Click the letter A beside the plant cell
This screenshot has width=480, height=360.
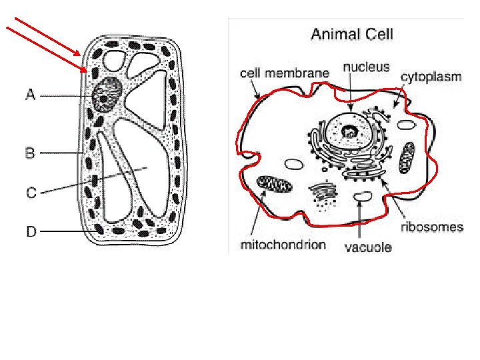coord(30,95)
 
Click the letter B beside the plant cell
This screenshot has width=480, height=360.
coord(30,153)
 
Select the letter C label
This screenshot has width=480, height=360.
coord(31,193)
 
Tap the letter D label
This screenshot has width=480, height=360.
coord(31,232)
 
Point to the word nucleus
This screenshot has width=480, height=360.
coord(366,67)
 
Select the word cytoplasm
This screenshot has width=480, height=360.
coord(431,77)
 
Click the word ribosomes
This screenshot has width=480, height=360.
coord(431,227)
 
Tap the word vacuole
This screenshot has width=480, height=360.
coord(368,248)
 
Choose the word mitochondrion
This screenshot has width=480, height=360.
coord(283,245)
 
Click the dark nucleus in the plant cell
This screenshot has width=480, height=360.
coord(107,94)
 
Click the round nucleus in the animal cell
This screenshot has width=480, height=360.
coord(348,131)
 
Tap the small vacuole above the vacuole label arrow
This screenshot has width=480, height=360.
coord(362,197)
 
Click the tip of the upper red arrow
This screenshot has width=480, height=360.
coord(81,55)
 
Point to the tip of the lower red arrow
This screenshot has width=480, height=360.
coord(87,71)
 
